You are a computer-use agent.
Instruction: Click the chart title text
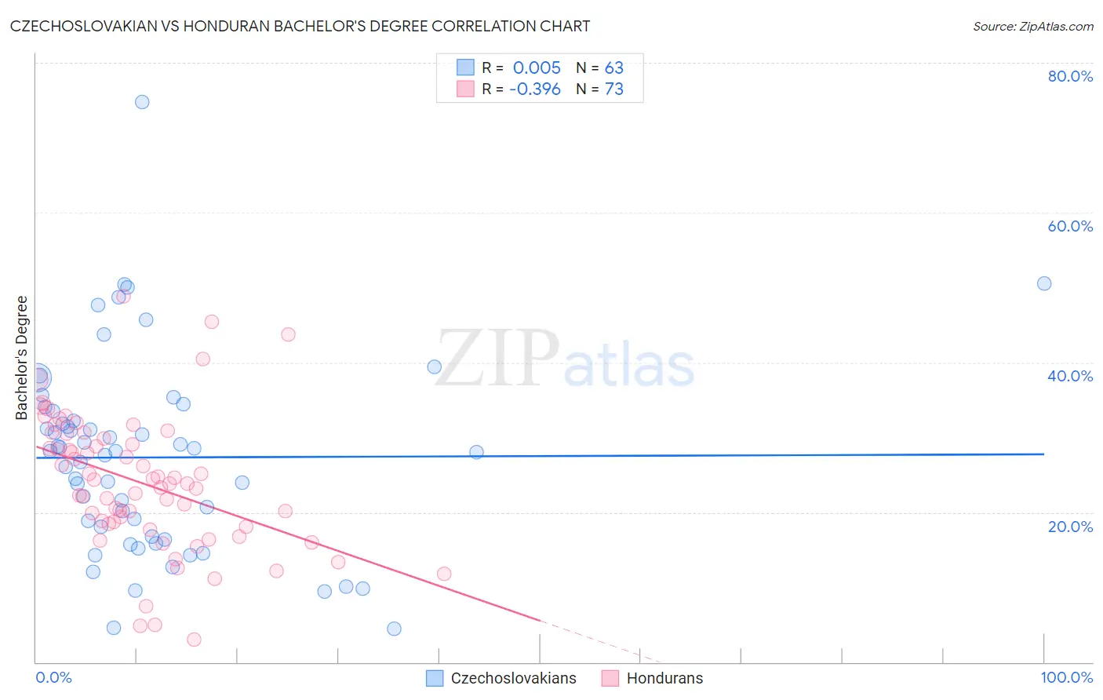click(x=300, y=26)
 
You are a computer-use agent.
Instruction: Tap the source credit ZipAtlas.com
click(x=1032, y=27)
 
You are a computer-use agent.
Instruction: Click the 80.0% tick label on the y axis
click(x=1070, y=76)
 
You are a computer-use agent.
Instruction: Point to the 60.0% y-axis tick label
click(x=1070, y=226)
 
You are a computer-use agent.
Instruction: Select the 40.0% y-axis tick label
click(x=1070, y=376)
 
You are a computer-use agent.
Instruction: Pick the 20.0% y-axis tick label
click(x=1070, y=526)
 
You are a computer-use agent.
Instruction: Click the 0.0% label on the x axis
click(x=53, y=677)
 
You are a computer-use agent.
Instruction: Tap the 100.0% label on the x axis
click(x=1066, y=677)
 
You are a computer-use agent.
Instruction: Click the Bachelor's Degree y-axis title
click(x=22, y=358)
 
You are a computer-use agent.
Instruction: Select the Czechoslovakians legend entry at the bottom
click(x=513, y=678)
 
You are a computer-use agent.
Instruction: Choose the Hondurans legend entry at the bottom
click(x=664, y=678)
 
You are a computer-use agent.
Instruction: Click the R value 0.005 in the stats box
click(x=537, y=67)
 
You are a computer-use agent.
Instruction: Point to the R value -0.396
click(x=535, y=89)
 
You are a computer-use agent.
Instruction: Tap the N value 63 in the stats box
click(x=613, y=67)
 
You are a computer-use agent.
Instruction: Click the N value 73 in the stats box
click(x=613, y=89)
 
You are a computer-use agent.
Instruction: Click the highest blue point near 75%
click(x=142, y=102)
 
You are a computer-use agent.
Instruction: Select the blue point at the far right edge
click(x=1044, y=283)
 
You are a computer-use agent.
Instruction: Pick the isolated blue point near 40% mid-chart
click(x=434, y=366)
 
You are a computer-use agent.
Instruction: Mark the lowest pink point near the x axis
click(x=194, y=640)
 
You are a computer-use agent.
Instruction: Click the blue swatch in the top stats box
click(x=466, y=67)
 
